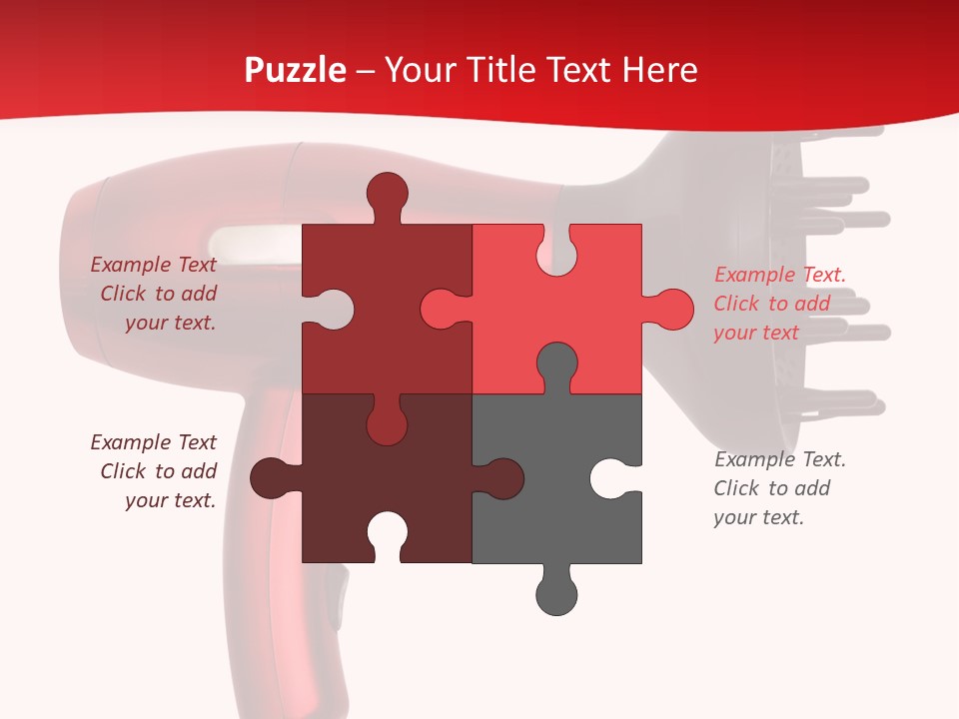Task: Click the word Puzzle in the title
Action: pyautogui.click(x=295, y=70)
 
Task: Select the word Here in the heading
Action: pyautogui.click(x=659, y=70)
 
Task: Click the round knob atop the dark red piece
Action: pyautogui.click(x=388, y=192)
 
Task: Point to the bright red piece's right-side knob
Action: pyautogui.click(x=672, y=310)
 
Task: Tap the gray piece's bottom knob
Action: pyautogui.click(x=556, y=594)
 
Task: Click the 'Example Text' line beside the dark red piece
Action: pyautogui.click(x=154, y=265)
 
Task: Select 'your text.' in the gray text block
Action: pyautogui.click(x=758, y=517)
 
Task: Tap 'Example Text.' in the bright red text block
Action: pyautogui.click(x=780, y=275)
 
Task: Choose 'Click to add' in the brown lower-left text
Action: pyautogui.click(x=159, y=471)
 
